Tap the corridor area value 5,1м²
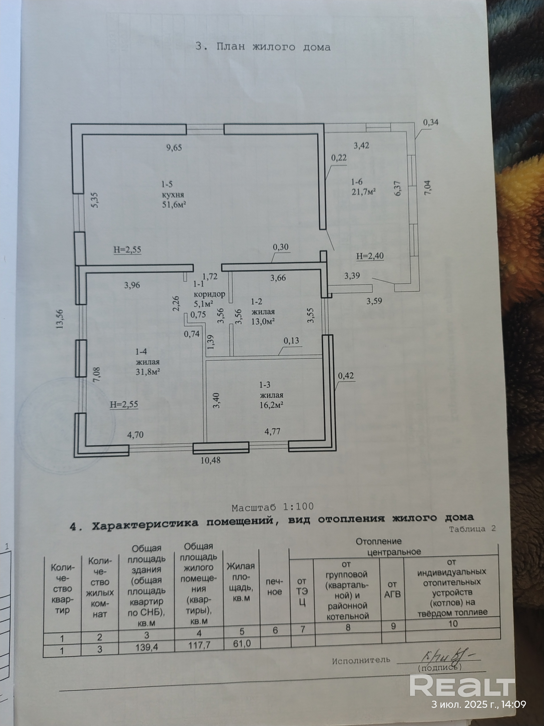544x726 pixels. coord(204,304)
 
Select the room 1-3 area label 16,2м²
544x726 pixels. coord(271,405)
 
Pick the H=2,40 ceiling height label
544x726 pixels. coord(370,256)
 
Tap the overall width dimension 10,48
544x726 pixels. coord(211,460)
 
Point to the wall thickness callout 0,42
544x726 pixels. coord(346,375)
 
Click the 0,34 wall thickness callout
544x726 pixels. coord(430,122)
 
